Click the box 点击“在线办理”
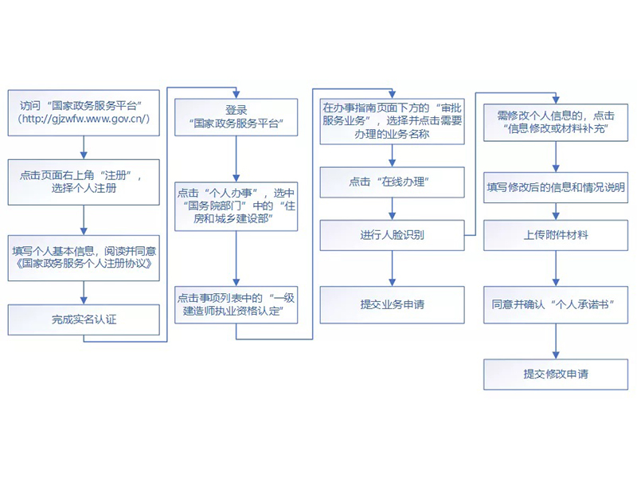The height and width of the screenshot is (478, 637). pos(391,182)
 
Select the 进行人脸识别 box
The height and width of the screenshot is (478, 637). pos(391,236)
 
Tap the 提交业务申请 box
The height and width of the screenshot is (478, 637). pos(391,304)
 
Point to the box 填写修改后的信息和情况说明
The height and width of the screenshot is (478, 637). pos(555,188)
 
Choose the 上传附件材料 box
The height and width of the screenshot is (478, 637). pos(555,235)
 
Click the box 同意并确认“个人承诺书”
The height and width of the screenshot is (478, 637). pos(555,304)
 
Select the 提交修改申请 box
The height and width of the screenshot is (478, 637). pos(555,374)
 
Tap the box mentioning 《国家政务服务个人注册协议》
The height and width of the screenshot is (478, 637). pos(83,257)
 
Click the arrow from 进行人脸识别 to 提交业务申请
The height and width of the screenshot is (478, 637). pos(391,269)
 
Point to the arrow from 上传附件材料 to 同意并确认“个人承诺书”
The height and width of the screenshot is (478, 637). pos(555,269)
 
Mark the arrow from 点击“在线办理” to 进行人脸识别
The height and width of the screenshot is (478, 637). pos(391,209)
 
